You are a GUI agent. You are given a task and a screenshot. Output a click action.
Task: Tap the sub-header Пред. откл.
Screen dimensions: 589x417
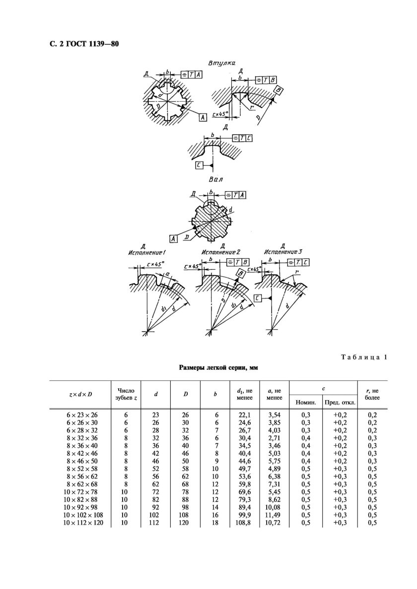[x=340, y=400]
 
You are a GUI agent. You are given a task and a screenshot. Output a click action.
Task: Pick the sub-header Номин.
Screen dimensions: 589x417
[x=306, y=400]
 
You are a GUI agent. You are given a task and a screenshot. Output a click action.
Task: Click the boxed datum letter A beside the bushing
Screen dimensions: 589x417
[x=203, y=117]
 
